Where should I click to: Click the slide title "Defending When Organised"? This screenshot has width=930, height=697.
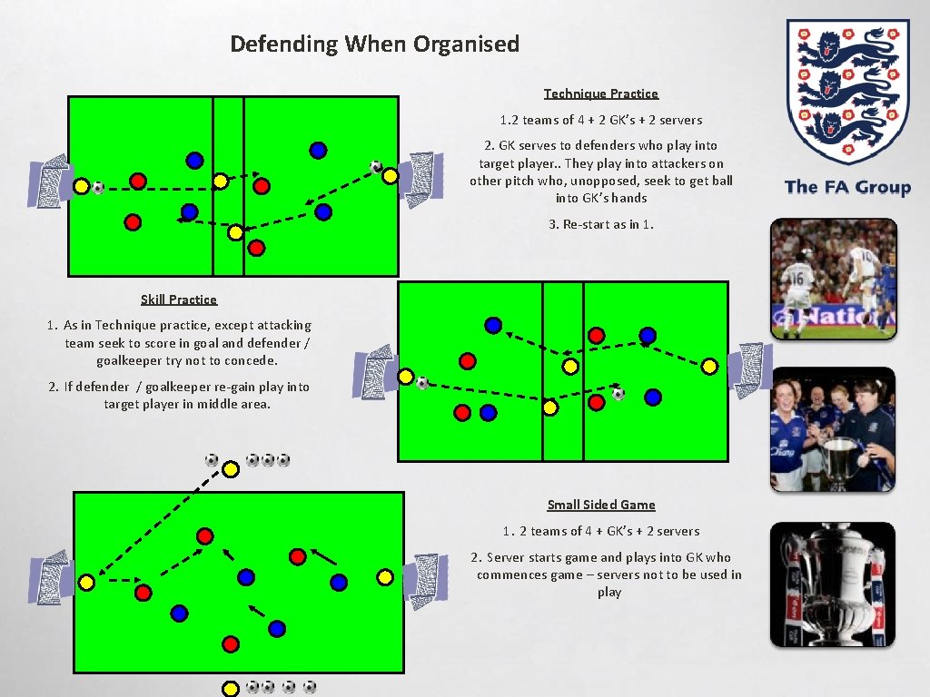point(374,44)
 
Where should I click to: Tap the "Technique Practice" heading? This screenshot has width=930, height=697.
point(600,93)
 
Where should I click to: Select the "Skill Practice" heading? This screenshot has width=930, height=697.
point(179,299)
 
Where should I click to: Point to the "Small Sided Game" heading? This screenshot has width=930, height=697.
point(600,505)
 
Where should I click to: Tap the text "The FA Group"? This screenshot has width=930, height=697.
point(846,187)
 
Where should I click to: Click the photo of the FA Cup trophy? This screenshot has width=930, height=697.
point(833,584)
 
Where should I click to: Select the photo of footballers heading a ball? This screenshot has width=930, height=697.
point(833,278)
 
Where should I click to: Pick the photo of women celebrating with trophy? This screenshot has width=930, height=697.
point(833,429)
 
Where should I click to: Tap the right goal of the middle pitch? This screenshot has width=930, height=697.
point(752,369)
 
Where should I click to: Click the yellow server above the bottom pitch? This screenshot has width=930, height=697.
point(231,468)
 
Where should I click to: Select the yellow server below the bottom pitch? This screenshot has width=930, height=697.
point(231,688)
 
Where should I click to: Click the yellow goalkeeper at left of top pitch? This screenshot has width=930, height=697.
point(80,186)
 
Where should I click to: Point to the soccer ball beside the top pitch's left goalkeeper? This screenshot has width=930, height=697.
point(98,188)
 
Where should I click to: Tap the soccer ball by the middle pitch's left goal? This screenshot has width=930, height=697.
point(421,383)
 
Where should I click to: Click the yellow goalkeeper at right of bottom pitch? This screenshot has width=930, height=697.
point(384,577)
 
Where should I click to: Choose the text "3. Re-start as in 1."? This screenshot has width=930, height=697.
point(600,224)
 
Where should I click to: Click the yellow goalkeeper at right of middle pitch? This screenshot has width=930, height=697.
point(710,367)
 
